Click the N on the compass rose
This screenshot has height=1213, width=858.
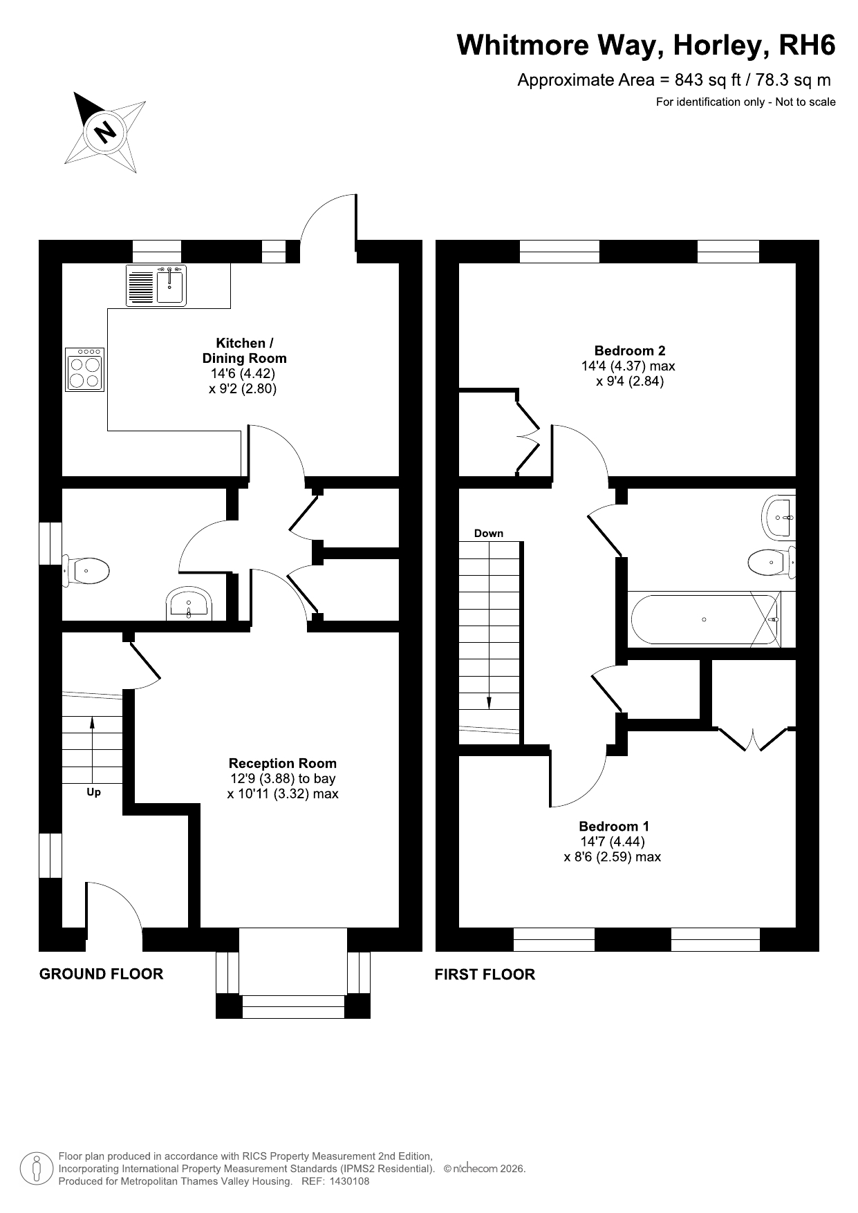pos(106,131)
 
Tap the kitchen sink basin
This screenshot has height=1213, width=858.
pos(170,287)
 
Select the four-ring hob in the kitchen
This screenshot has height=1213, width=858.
pos(85,370)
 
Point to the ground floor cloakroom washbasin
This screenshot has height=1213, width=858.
pos(188,604)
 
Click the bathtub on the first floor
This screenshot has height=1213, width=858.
pos(704,619)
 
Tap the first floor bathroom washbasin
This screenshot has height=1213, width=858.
pos(780,516)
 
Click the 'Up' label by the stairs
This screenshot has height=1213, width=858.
pos(93,792)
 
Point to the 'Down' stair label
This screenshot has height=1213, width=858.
pos(489,534)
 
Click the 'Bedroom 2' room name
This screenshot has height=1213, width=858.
pos(629,350)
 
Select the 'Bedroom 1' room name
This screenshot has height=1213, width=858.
pos(614,826)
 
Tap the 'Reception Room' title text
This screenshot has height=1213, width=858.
pos(283,763)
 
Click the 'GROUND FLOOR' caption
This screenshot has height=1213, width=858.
pos(102,974)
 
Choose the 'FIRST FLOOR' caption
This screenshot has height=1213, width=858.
pos(485,975)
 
